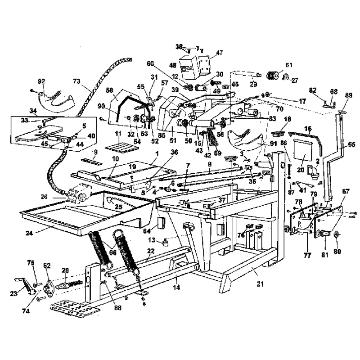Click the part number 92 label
tap(41, 81)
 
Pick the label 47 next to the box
tap(220, 53)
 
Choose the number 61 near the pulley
tap(288, 65)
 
